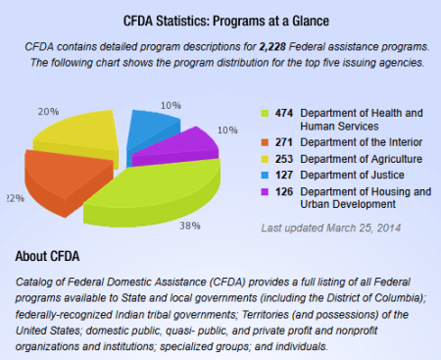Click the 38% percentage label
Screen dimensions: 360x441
(x=191, y=225)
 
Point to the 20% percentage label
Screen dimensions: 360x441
(x=47, y=111)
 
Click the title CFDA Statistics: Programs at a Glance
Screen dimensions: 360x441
(x=220, y=20)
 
